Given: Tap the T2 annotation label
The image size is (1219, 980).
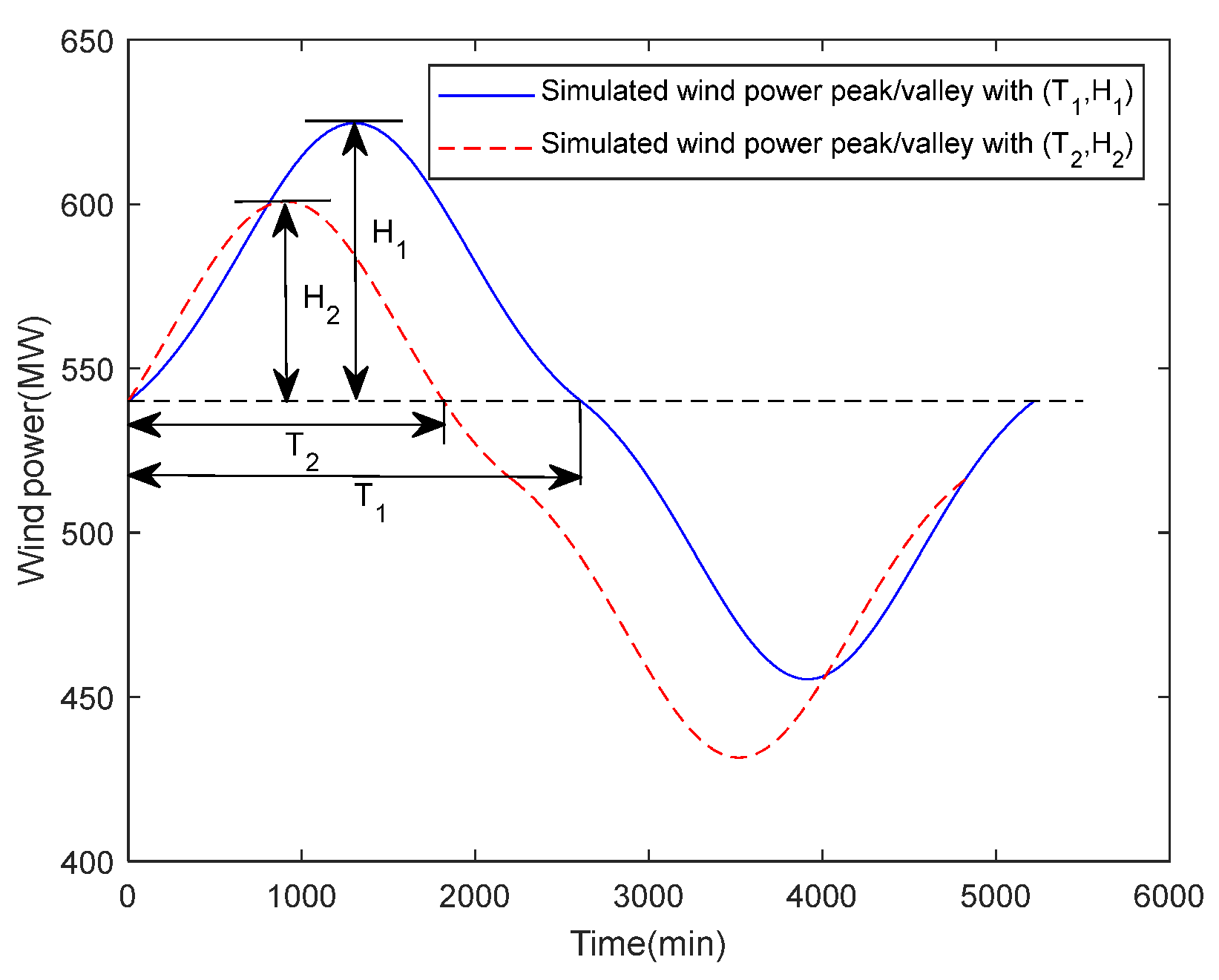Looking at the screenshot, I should pyautogui.click(x=302, y=450).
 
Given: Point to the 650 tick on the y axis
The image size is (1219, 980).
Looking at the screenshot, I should pyautogui.click(x=87, y=42).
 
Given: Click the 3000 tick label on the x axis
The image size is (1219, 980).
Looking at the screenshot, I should pyautogui.click(x=648, y=897).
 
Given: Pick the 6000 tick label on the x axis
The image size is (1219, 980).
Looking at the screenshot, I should pyautogui.click(x=1168, y=897).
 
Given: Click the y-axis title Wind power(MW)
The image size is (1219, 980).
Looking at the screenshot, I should pyautogui.click(x=33, y=450).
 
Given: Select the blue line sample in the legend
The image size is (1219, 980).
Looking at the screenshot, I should pyautogui.click(x=486, y=96).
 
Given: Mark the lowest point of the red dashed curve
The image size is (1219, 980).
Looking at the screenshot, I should pyautogui.click(x=738, y=757).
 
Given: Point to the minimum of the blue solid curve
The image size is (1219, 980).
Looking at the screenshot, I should pyautogui.click(x=807, y=679).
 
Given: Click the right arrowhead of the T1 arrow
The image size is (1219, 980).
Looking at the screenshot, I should pyautogui.click(x=568, y=477).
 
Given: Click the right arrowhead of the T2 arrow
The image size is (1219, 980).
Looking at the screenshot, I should pyautogui.click(x=431, y=425).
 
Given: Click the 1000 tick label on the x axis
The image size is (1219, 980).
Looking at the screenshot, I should pyautogui.click(x=301, y=897).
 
